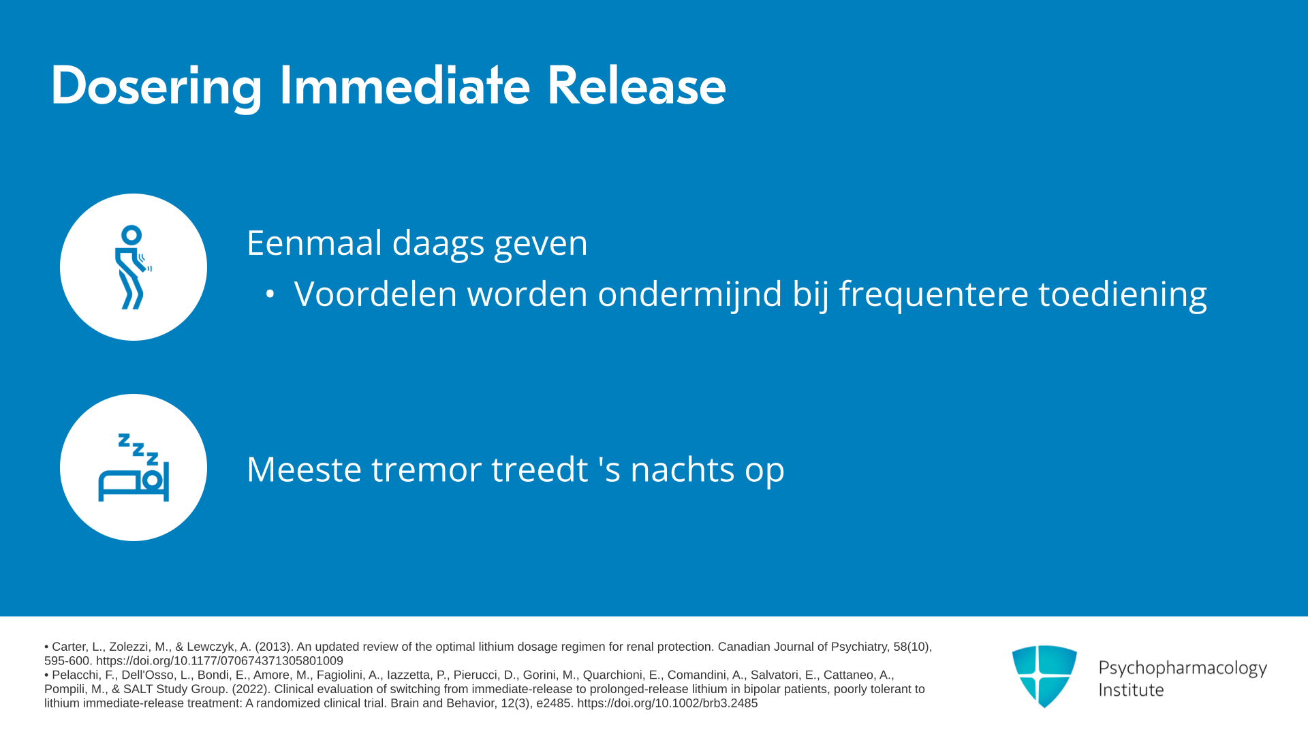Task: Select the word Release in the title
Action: coord(636,86)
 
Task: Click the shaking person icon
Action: coord(132,267)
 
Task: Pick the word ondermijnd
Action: coord(690,294)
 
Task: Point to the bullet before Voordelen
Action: coord(270,294)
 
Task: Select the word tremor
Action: coord(426,470)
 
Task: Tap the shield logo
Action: coord(1044,676)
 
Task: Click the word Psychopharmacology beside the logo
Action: coord(1183,668)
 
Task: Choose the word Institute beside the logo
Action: coord(1131,690)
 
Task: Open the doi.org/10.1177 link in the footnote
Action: coord(219,661)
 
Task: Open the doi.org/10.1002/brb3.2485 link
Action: coord(667,703)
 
